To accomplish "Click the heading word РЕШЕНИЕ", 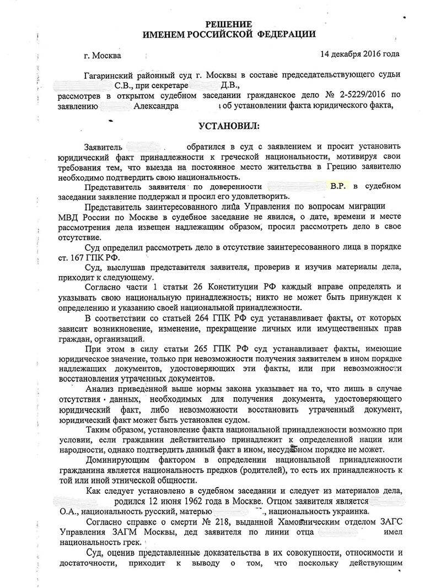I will (x=228, y=24).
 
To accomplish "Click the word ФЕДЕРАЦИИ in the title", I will (x=287, y=34).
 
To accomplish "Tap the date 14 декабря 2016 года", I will (x=359, y=54).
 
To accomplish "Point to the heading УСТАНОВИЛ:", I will (x=228, y=127).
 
